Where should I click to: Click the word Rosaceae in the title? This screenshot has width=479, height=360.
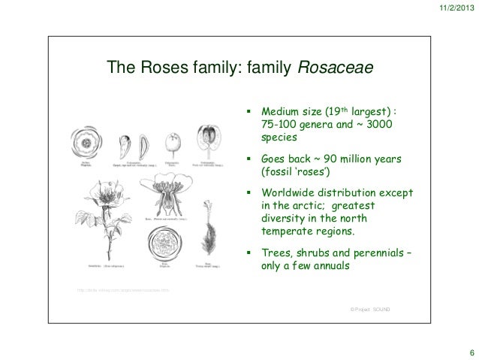pyautogui.click(x=336, y=69)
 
